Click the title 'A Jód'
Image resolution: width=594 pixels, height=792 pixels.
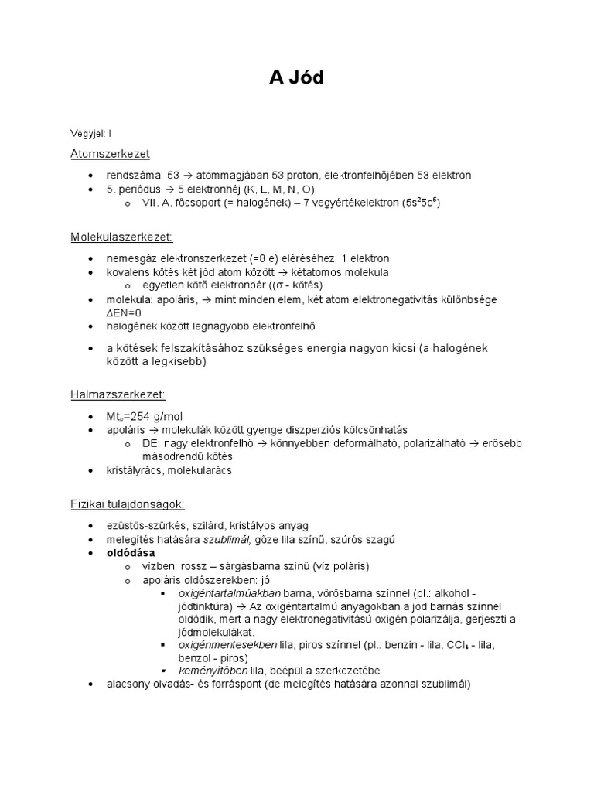click(x=297, y=79)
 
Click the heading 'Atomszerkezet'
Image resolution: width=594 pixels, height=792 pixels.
click(x=110, y=154)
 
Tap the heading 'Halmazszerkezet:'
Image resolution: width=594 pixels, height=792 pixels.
click(x=118, y=394)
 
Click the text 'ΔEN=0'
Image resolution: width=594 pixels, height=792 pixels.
click(x=125, y=312)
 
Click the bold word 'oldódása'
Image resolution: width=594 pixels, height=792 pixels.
click(x=131, y=553)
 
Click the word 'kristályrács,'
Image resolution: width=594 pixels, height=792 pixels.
click(x=135, y=469)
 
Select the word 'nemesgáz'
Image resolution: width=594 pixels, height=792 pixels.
click(x=129, y=258)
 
